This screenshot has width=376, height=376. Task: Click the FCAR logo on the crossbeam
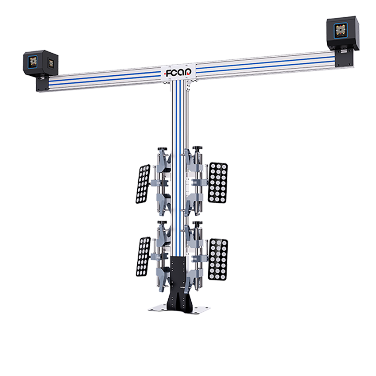coord(178,73)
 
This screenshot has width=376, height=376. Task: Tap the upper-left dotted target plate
coord(143,184)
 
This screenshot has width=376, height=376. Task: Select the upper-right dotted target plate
coord(218,183)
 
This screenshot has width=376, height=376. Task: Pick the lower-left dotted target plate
coord(143,256)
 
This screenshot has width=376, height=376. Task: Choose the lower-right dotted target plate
coord(218,260)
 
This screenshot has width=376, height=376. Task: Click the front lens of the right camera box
coord(341,31)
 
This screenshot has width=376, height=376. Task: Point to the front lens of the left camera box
coord(33,62)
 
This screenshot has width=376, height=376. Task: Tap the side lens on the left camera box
coord(51,63)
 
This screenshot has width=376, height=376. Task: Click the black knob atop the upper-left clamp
coord(163,149)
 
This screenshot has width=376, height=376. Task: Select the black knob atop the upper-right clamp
coord(198,148)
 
